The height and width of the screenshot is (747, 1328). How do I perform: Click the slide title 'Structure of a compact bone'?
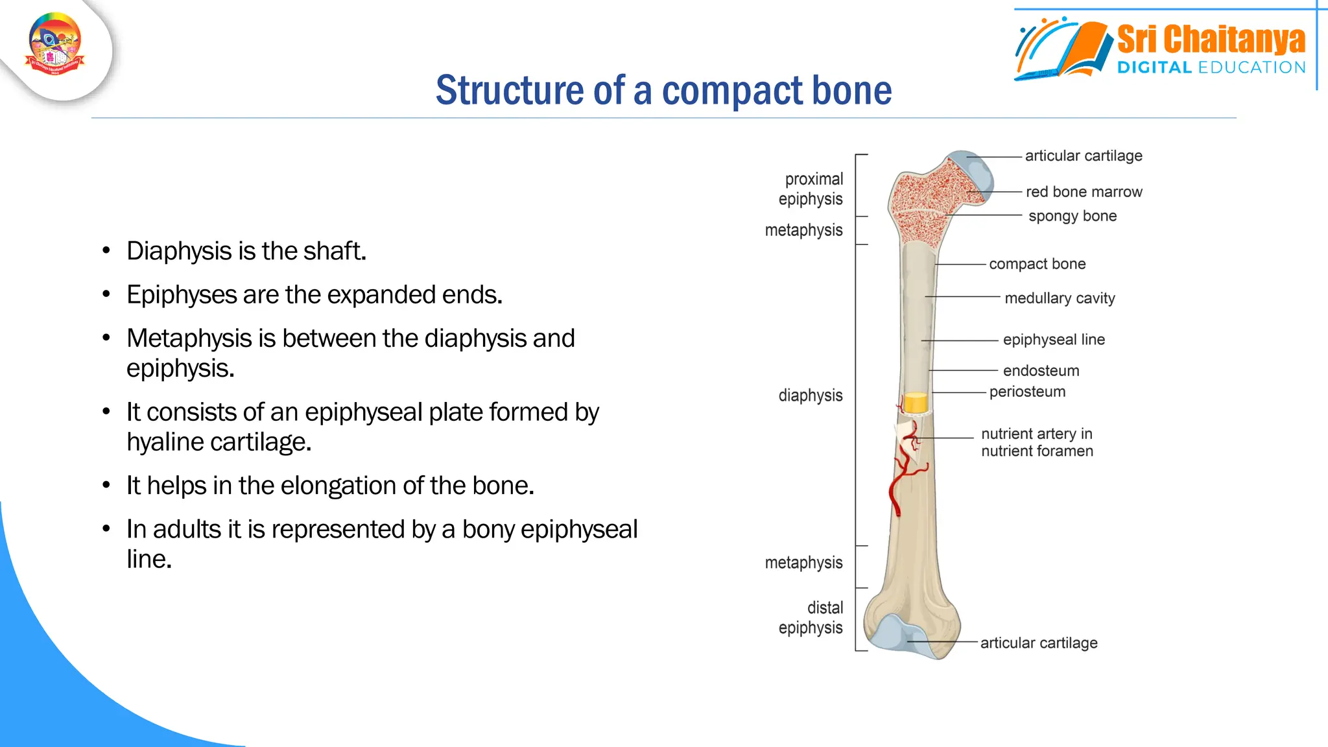(x=663, y=90)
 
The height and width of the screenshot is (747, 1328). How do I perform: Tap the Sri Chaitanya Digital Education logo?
(x=1161, y=49)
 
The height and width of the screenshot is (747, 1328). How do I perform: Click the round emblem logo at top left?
(x=55, y=44)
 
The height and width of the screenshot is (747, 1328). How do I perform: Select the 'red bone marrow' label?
(x=1084, y=192)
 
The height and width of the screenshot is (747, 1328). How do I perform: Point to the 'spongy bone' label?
(x=1073, y=216)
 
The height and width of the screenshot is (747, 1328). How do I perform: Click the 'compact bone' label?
(x=1037, y=264)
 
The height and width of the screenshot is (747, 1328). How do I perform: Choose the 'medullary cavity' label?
(x=1060, y=298)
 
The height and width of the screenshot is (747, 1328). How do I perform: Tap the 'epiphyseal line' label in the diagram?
(x=1054, y=340)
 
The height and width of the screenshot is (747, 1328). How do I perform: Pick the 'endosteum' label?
(x=1041, y=371)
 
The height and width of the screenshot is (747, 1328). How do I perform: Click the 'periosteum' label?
(x=1027, y=392)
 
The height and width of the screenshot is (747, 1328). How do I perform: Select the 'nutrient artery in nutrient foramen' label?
(x=1037, y=442)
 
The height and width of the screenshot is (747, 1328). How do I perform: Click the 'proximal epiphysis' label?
(x=812, y=189)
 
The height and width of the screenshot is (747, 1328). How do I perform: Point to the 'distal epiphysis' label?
(x=812, y=617)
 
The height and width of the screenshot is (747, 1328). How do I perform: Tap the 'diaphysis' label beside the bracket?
(x=811, y=396)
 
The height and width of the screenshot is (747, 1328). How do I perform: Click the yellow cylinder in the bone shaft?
(x=916, y=403)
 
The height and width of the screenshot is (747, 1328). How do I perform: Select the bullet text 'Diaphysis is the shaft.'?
(x=246, y=251)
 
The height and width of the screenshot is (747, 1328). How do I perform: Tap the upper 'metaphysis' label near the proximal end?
(x=803, y=230)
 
